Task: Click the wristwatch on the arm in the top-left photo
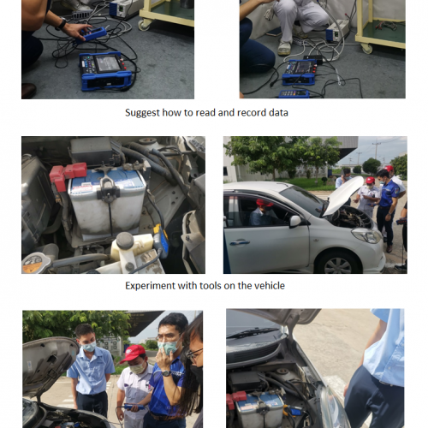point(61,24)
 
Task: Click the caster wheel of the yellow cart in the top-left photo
point(143,26)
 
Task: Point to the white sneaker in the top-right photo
point(284,48)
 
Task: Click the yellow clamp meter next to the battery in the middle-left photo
point(161,241)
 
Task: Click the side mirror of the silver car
point(295,222)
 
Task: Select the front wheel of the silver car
point(337,263)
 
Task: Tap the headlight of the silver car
point(367,235)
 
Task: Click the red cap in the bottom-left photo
point(133,354)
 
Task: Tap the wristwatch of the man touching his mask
point(166,373)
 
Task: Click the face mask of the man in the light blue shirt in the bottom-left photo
point(89,347)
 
